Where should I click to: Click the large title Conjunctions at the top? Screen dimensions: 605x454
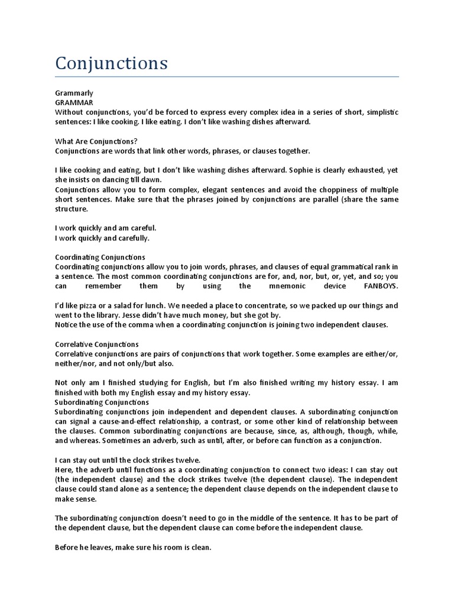(x=111, y=63)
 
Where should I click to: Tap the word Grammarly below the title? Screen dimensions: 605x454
(x=74, y=93)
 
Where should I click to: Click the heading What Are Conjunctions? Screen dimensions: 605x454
(x=96, y=141)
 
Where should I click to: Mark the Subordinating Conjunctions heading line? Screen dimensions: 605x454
(x=102, y=402)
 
